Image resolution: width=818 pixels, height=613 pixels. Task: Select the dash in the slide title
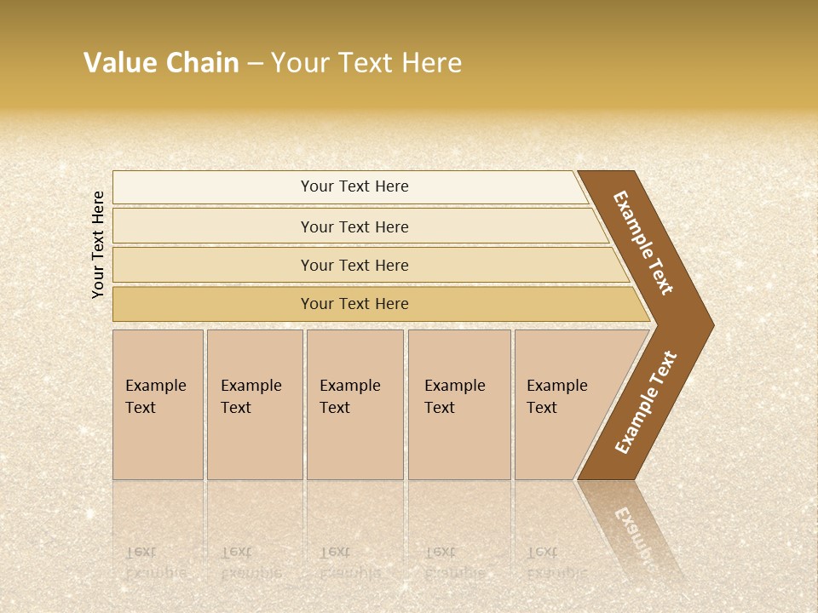click(x=255, y=64)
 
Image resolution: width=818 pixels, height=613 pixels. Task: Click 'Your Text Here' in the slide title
click(x=366, y=63)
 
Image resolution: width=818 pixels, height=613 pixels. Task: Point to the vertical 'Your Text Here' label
click(x=98, y=244)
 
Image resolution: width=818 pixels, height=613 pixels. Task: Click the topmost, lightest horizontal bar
click(x=354, y=186)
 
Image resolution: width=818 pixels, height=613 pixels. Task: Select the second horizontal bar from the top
click(x=354, y=226)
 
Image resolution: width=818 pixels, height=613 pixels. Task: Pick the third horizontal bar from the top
click(x=354, y=265)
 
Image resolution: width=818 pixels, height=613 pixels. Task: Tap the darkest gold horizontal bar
click(x=354, y=304)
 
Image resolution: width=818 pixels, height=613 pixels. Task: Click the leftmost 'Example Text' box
click(x=158, y=404)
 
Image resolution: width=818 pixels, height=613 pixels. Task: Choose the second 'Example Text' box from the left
click(x=254, y=404)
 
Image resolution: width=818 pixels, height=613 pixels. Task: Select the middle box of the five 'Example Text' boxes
click(x=354, y=404)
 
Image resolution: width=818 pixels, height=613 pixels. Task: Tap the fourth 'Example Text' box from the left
click(x=458, y=404)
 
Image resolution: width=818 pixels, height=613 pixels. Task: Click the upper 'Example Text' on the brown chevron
click(x=643, y=243)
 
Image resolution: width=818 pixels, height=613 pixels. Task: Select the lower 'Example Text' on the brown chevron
click(x=646, y=403)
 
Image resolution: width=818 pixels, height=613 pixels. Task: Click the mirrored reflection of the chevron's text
click(x=639, y=536)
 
